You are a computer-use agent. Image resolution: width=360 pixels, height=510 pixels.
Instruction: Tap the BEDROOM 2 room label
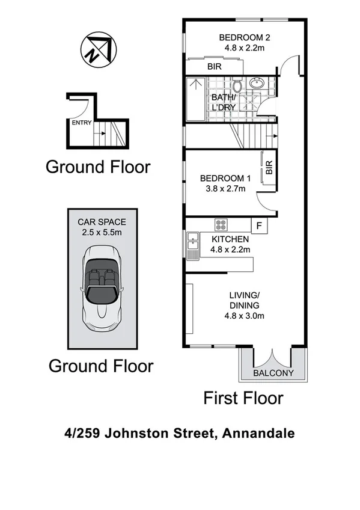click(244, 35)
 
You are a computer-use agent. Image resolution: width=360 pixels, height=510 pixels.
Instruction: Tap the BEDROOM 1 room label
click(225, 178)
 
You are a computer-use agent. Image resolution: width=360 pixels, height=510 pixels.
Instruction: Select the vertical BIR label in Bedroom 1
click(269, 168)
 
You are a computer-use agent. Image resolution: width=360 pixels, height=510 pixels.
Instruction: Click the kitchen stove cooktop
click(221, 225)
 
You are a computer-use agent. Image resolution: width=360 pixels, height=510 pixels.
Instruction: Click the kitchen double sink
click(192, 245)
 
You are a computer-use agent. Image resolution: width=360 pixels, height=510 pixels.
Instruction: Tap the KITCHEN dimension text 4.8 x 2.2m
click(229, 250)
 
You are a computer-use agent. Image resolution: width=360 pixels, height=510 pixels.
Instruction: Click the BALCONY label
click(273, 373)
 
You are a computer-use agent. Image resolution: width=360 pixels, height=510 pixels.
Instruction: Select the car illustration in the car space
click(100, 292)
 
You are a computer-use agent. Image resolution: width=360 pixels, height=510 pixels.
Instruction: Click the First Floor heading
click(243, 398)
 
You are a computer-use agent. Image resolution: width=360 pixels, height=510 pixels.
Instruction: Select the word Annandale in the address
click(258, 433)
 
